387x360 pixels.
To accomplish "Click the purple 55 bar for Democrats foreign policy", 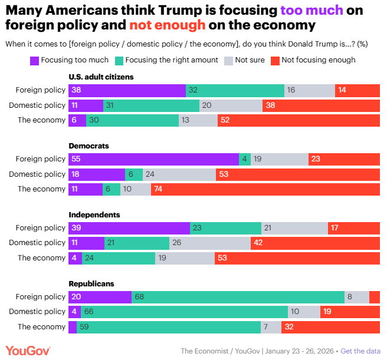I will pos(153,159).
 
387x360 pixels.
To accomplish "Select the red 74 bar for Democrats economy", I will pos(265,189).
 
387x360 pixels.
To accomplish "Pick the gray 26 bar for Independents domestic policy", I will pos(209,243).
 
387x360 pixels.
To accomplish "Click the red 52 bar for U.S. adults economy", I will pos(299,120).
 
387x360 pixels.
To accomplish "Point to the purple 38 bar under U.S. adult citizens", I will pos(127,90).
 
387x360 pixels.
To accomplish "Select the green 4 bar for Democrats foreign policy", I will pos(245,159).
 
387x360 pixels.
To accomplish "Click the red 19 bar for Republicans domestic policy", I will pos(350,311).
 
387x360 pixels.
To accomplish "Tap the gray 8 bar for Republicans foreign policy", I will pos(357,296).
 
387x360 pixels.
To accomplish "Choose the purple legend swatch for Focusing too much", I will pos(34,60).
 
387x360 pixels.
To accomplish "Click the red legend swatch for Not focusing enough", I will pos(275,60).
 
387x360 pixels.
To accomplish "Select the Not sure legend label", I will pos(250,60).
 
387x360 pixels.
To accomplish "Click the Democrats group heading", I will pos(88,146).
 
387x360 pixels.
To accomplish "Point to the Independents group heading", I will pos(94,214).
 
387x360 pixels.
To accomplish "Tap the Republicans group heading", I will pos(91,283).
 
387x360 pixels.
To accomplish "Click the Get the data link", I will pos(360,351).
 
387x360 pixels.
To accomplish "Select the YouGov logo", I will pos(28,351).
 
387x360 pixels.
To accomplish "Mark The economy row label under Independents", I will pos(41,257).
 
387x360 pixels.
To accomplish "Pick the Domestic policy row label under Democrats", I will pos(37,174).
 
